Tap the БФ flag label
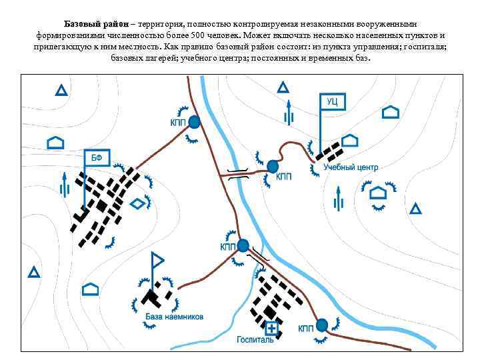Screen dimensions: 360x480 [x=97, y=158]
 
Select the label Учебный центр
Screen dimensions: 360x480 [x=351, y=168]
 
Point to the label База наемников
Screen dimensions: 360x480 [x=174, y=316]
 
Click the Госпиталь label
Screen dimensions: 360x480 [x=255, y=339]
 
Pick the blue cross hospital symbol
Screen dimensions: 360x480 [x=271, y=328]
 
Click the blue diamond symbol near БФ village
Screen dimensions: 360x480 [x=137, y=203]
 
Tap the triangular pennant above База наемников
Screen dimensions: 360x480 [x=158, y=259]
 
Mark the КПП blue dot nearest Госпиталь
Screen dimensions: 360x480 [x=322, y=325]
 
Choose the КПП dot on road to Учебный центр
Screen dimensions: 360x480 [x=272, y=166]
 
